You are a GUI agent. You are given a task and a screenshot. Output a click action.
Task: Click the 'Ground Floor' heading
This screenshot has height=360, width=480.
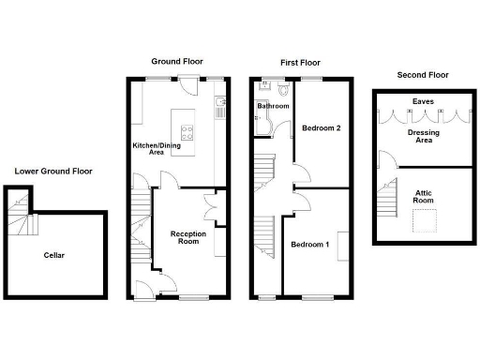click(x=178, y=62)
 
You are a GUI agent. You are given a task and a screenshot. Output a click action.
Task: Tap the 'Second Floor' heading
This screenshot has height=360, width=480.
click(x=423, y=74)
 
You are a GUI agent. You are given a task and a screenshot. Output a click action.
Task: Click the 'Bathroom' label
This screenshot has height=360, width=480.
click(x=274, y=107)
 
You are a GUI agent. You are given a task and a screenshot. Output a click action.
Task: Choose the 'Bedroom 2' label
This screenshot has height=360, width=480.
click(x=322, y=129)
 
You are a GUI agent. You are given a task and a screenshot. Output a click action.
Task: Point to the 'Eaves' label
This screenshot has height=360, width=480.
click(x=423, y=101)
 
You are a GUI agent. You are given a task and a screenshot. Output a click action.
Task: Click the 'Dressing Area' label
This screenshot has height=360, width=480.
click(x=423, y=136)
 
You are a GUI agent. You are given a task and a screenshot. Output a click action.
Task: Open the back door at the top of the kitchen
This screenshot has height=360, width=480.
click(x=191, y=84)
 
